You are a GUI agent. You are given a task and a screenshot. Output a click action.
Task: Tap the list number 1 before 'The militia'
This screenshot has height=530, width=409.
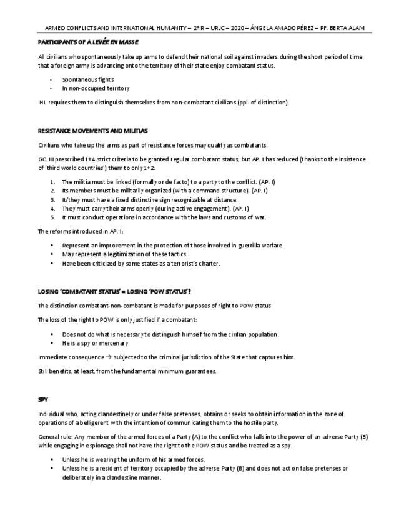click(52, 181)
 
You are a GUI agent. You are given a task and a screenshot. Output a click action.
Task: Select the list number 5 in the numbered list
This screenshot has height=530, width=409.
click(52, 217)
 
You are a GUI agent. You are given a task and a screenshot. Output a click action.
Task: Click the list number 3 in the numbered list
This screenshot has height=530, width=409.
click(52, 199)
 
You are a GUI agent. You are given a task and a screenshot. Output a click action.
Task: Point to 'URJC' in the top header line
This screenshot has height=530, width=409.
click(214, 27)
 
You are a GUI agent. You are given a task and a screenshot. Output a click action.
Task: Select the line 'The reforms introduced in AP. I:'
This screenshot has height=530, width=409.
click(81, 231)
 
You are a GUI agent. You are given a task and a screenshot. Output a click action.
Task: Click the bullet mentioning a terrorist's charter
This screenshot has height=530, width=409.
click(141, 264)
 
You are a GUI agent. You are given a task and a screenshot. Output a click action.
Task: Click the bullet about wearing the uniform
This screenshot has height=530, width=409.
click(134, 459)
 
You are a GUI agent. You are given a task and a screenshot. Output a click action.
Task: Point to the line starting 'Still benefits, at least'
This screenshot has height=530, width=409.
click(127, 371)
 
